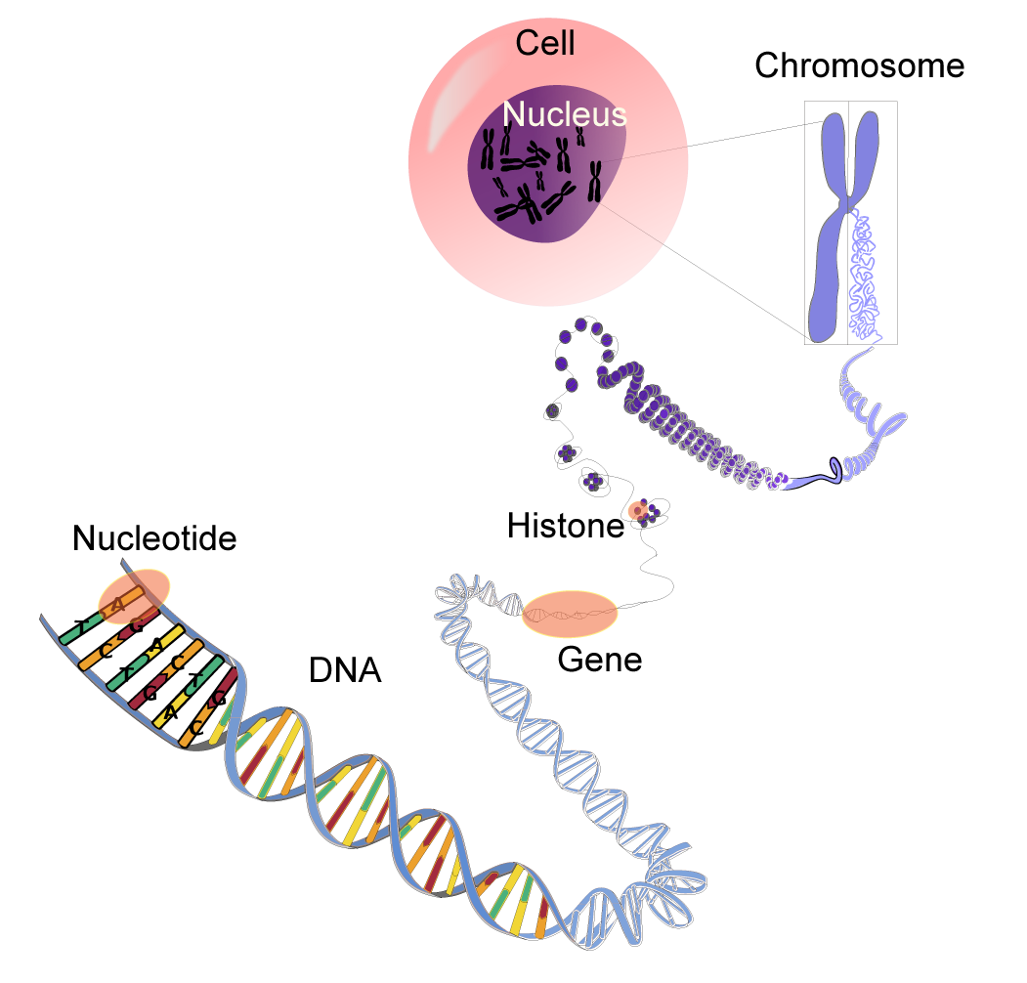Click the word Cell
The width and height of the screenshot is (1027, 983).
[x=545, y=43]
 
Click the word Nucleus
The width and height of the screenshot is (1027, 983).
[x=564, y=115]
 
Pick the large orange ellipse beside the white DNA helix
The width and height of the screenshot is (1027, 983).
[x=571, y=615]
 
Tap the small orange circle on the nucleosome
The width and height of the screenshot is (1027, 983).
[x=638, y=510]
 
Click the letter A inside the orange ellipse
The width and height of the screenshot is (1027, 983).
[x=118, y=605]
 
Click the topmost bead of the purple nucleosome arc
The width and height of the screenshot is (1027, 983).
[x=580, y=325]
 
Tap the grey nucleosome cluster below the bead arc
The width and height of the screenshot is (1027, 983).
[x=552, y=411]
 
